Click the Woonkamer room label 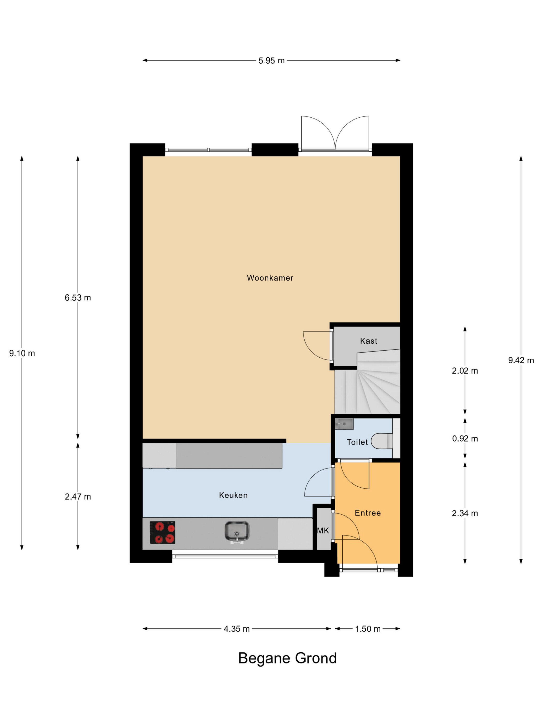click(x=270, y=278)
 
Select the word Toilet click(x=357, y=442)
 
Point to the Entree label click(x=368, y=513)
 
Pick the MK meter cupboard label click(x=323, y=531)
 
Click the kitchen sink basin click(x=237, y=531)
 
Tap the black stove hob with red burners click(x=162, y=532)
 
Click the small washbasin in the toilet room click(x=344, y=424)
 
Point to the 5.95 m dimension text click(x=271, y=61)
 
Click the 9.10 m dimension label click(x=22, y=353)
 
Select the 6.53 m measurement click(x=78, y=298)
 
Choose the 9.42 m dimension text click(x=521, y=360)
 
